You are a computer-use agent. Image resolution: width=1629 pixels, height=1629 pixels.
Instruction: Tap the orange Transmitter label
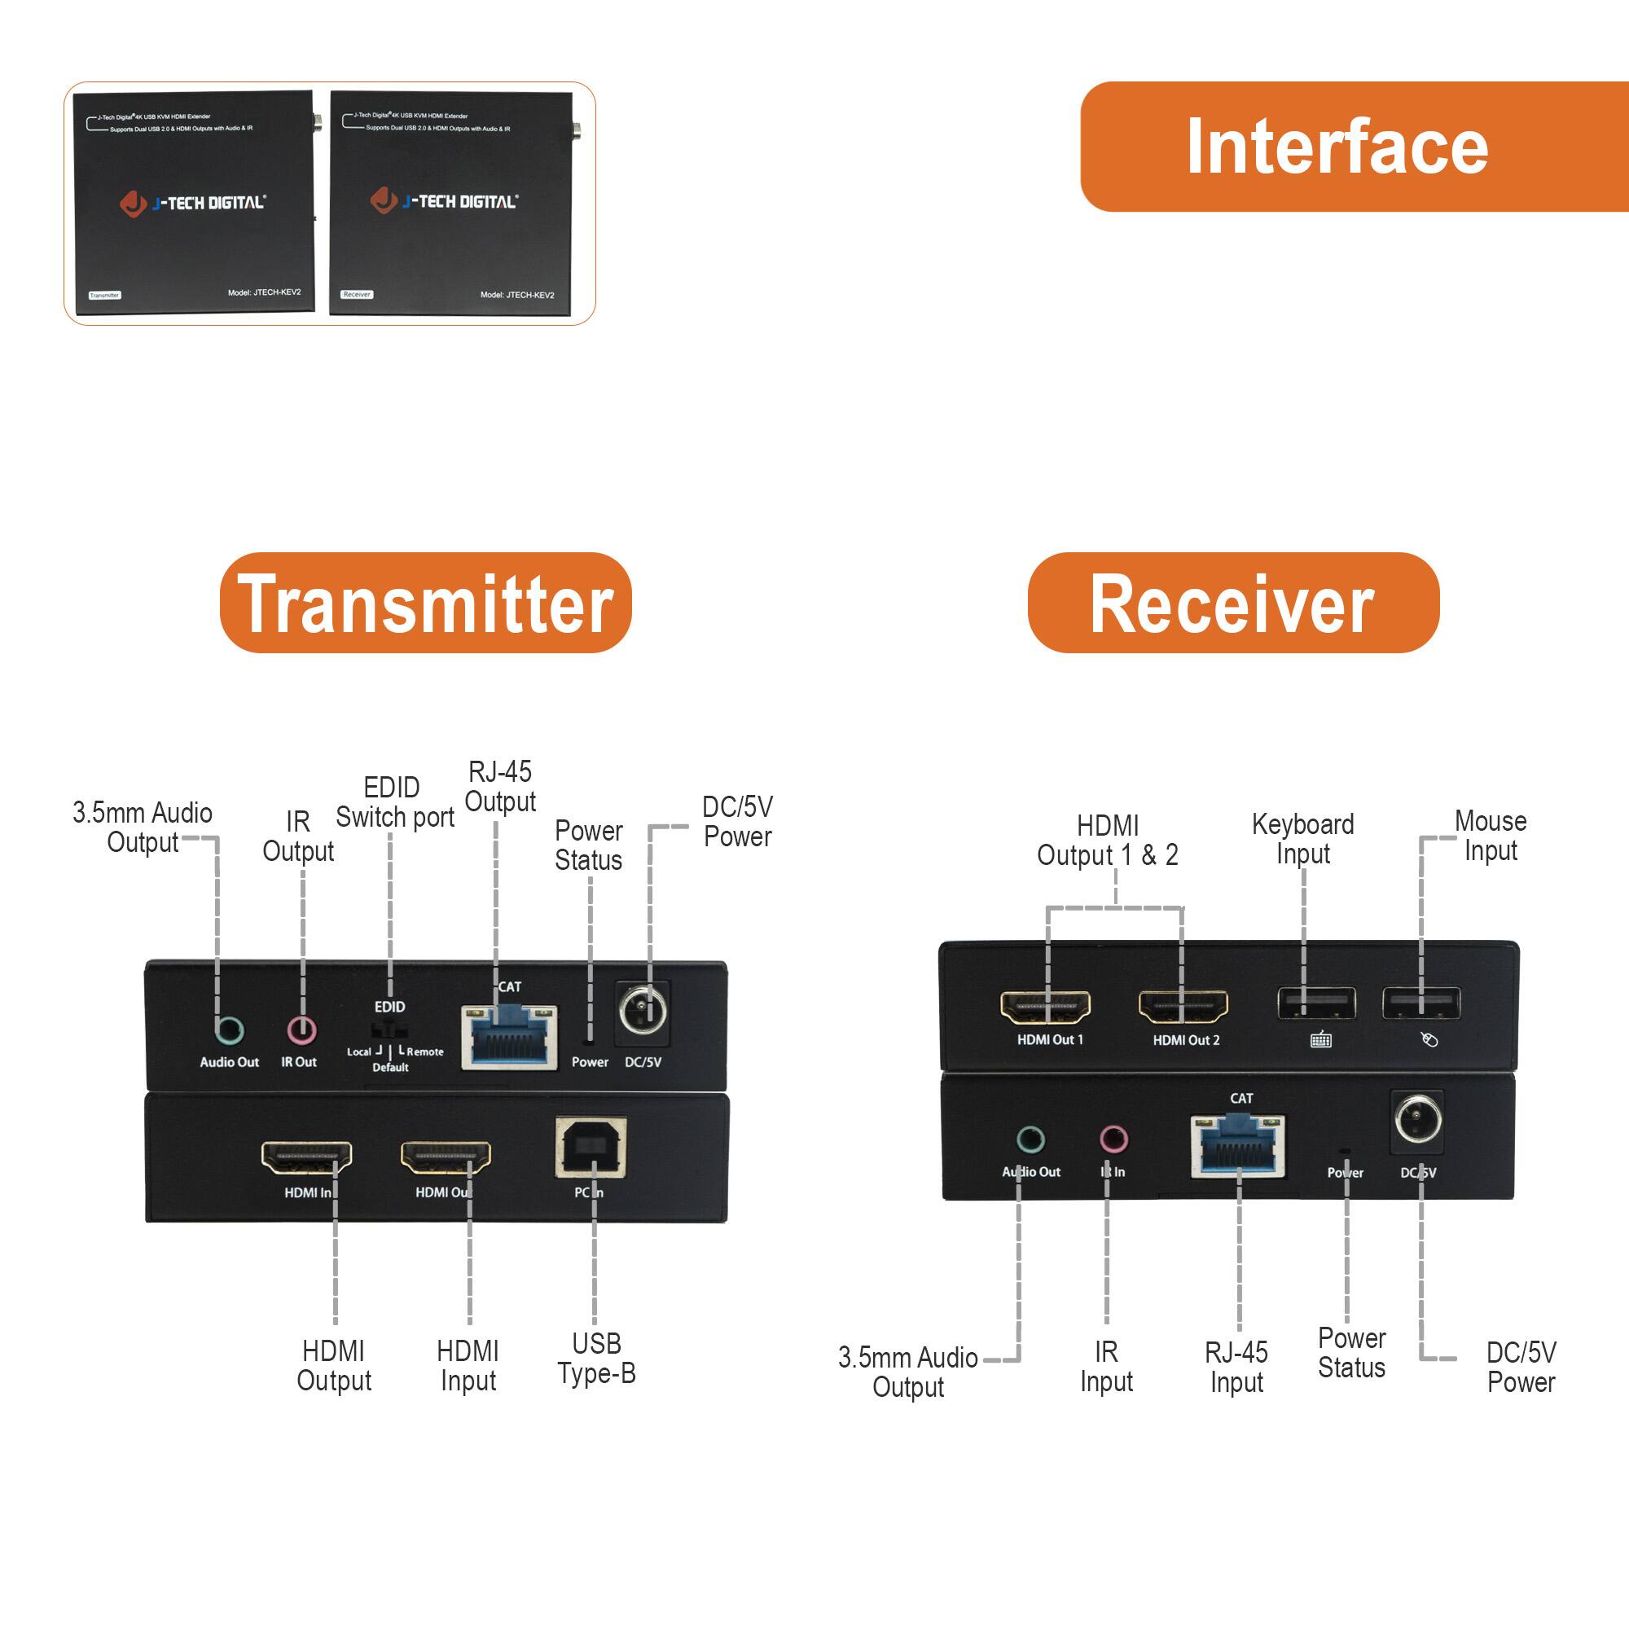point(425,603)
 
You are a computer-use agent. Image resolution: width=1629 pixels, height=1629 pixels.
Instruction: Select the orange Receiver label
point(1232,603)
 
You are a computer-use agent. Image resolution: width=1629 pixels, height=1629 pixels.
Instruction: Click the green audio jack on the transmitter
point(229,1030)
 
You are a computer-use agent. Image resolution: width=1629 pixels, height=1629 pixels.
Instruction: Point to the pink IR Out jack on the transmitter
point(301,1030)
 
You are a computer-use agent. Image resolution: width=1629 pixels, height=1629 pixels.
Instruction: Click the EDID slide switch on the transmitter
point(389,1030)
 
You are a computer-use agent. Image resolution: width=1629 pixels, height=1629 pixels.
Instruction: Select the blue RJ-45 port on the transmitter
point(508,1038)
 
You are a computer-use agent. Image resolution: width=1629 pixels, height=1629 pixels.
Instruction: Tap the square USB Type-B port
point(591,1148)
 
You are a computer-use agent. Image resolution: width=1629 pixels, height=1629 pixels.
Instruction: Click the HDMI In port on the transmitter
point(306,1157)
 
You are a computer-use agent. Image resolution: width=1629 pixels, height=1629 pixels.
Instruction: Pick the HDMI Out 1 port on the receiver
point(1046,1006)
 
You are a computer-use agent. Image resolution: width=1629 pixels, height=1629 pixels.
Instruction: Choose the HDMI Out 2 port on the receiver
point(1183,1006)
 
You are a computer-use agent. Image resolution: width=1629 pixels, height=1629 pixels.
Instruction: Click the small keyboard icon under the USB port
point(1320,1040)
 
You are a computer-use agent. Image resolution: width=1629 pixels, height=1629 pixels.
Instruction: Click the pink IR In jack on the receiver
point(1113,1140)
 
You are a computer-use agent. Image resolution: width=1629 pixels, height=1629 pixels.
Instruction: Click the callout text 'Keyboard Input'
point(1302,838)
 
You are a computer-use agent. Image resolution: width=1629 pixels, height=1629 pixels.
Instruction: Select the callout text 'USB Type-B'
point(596,1359)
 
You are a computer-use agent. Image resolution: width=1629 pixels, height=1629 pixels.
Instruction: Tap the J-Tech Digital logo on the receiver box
point(445,200)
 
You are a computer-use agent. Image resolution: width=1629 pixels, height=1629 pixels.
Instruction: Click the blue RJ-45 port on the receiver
point(1238,1148)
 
